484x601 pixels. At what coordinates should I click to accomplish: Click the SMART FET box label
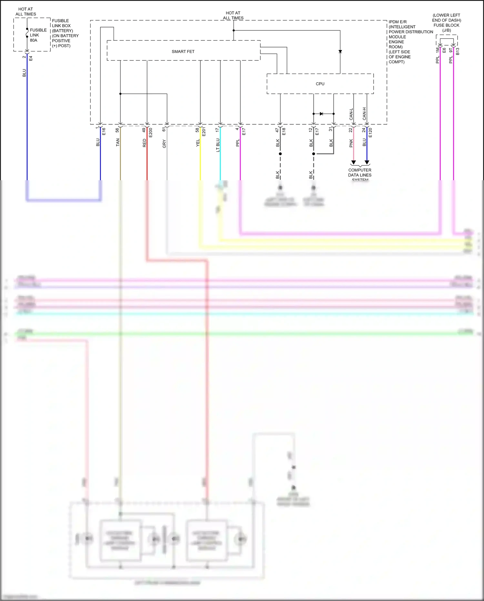click(183, 52)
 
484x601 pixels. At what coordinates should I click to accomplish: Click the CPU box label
click(320, 84)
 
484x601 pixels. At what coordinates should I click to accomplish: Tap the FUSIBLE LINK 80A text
click(38, 35)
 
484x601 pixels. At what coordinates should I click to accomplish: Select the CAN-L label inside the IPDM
click(351, 114)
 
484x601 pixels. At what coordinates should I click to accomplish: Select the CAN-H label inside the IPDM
click(365, 114)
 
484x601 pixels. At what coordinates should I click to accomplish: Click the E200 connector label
click(151, 132)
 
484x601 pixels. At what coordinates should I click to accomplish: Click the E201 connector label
click(204, 132)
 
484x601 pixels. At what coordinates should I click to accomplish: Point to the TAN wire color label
click(118, 142)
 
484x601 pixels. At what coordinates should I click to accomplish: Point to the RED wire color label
click(144, 143)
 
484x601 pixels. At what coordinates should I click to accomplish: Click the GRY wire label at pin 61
click(164, 144)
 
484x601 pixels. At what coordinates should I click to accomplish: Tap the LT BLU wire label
click(218, 145)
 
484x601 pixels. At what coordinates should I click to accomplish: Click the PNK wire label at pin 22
click(351, 143)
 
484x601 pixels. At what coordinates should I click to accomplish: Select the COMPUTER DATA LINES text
click(360, 173)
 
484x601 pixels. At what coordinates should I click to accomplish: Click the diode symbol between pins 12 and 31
click(321, 114)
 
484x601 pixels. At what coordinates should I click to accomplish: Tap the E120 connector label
click(370, 132)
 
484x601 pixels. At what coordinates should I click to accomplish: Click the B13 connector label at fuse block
click(458, 51)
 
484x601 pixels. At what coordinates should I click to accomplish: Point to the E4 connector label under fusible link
click(31, 58)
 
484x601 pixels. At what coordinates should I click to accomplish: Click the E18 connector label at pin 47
click(284, 131)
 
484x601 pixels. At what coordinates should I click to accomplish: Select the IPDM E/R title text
click(398, 22)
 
